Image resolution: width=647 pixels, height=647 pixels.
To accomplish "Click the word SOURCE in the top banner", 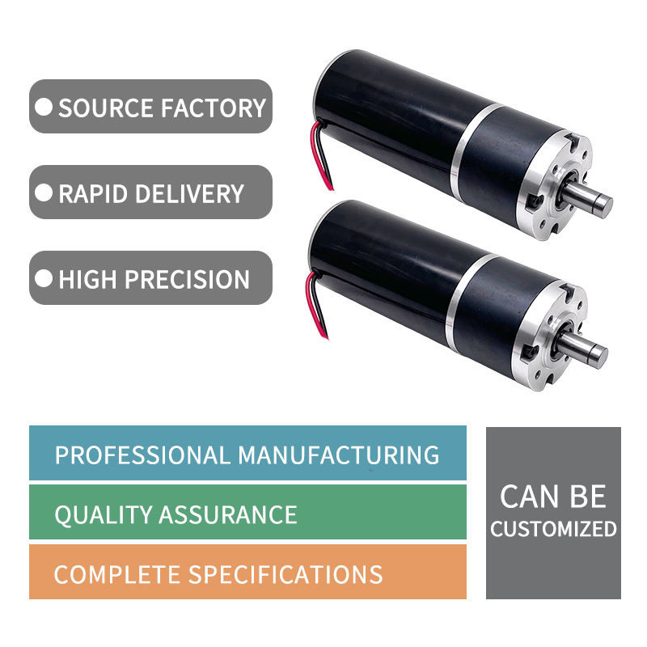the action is tap(107, 108).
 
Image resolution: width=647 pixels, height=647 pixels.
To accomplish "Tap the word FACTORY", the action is tap(214, 108).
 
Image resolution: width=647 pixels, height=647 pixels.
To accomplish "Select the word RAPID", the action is tap(93, 193).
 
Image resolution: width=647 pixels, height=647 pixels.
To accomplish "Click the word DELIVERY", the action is tap(189, 193).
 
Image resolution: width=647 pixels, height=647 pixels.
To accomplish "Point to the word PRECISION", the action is tap(187, 279).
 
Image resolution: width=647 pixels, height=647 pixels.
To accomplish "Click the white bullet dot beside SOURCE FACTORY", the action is tap(44, 108).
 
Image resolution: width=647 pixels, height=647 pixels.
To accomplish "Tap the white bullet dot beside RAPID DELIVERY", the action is tap(44, 192).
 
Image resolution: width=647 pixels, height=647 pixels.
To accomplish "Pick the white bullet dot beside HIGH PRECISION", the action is tap(44, 278).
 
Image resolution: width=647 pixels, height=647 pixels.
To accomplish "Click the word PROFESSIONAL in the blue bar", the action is tap(143, 455).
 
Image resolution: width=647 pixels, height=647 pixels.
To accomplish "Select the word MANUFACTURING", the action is tap(339, 455).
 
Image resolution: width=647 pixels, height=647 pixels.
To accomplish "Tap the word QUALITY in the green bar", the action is tap(104, 515).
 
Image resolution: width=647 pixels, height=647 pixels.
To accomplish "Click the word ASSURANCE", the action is tap(228, 515).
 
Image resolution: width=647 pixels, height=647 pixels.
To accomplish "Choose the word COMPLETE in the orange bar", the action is tap(117, 575).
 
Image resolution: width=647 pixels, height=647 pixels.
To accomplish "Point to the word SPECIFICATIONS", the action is tap(285, 575).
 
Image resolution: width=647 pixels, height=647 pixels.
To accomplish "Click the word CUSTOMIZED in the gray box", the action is tap(553, 529).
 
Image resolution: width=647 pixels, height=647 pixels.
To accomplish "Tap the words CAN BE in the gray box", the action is tap(553, 497).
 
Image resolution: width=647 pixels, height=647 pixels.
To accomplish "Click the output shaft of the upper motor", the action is tap(589, 197).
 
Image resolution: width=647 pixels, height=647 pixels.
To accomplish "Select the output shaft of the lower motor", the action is tap(583, 348).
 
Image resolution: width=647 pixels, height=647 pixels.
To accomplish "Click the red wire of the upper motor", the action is tap(319, 157).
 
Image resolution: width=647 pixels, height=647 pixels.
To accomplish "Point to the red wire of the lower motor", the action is tap(315, 307).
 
